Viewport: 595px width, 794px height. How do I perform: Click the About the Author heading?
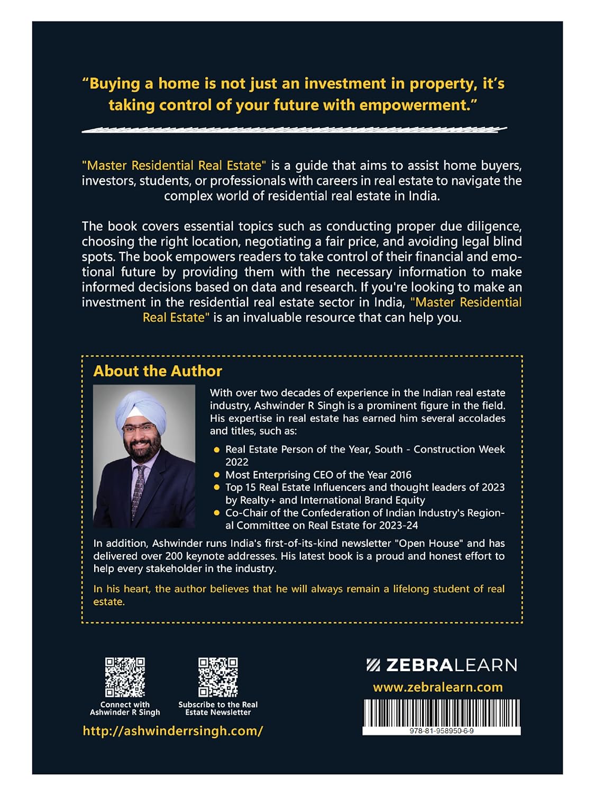click(158, 371)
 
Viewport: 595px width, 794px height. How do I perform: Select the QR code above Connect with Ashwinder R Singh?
click(125, 677)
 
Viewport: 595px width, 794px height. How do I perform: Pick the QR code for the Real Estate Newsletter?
click(218, 677)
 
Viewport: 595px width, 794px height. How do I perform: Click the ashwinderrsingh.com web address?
click(173, 731)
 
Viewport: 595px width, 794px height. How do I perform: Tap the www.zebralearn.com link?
click(438, 687)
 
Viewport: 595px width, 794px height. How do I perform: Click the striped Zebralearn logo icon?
click(373, 665)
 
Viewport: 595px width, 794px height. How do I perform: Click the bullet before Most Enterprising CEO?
click(217, 475)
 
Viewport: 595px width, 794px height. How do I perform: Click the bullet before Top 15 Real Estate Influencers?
click(217, 488)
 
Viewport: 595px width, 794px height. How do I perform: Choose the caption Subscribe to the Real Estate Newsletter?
click(218, 708)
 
